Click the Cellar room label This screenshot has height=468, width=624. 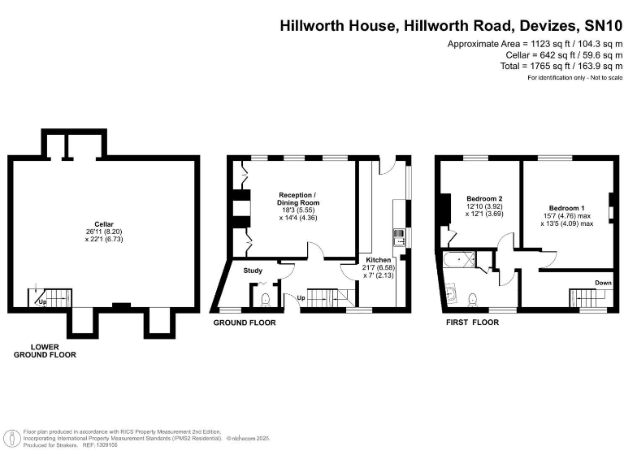click(103, 223)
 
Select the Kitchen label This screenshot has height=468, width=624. click(379, 260)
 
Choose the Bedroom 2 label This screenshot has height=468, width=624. click(484, 199)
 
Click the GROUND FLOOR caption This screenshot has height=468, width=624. click(244, 323)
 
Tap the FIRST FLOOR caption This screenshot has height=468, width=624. click(472, 323)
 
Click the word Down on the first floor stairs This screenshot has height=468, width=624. click(603, 284)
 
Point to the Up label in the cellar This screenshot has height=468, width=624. click(41, 302)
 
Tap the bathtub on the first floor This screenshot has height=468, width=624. click(460, 259)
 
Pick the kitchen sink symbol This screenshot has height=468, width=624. click(399, 236)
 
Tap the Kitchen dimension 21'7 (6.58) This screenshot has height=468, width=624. click(379, 267)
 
